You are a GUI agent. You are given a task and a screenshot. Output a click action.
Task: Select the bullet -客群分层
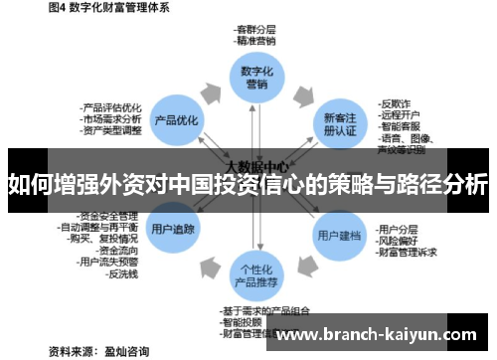(x=256, y=31)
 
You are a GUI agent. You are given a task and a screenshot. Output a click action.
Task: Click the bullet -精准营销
(x=256, y=43)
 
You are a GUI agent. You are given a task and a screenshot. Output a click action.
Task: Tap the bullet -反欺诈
(x=397, y=102)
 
